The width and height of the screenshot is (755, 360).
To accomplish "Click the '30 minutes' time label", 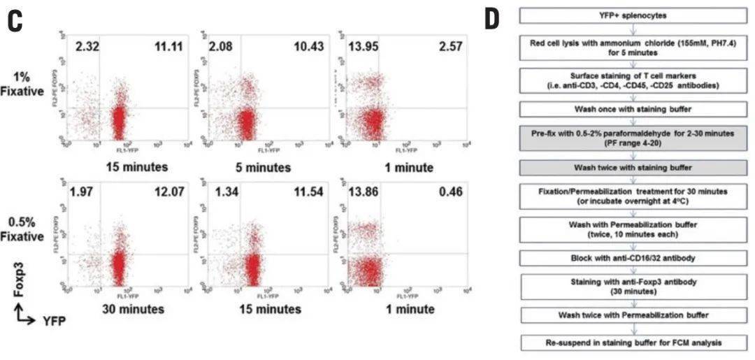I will [135, 309].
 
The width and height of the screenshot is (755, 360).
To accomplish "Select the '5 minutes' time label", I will [260, 168].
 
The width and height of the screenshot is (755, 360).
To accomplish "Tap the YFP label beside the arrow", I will [50, 320].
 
